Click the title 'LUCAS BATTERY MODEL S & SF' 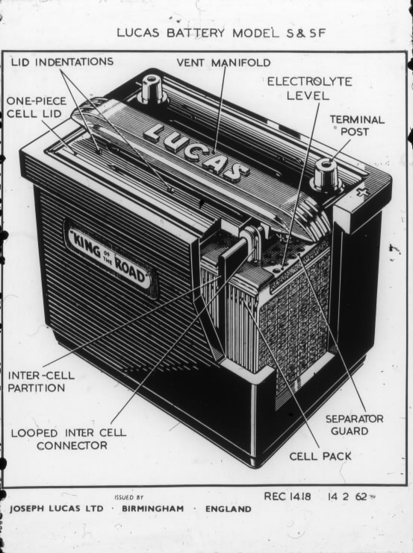221,33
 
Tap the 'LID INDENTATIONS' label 62,62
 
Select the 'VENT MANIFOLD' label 223,63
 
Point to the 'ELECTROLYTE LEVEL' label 309,89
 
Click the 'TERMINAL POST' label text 357,125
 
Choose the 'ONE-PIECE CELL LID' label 36,107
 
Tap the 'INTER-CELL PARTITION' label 41,382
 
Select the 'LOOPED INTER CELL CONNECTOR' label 69,439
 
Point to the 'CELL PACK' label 320,456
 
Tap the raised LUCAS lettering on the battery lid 196,151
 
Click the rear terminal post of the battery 152,89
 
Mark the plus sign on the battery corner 361,192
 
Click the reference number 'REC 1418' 288,496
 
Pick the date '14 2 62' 347,496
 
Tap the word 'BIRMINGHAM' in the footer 153,508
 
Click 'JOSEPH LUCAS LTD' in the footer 57,508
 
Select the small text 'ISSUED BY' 128,498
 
